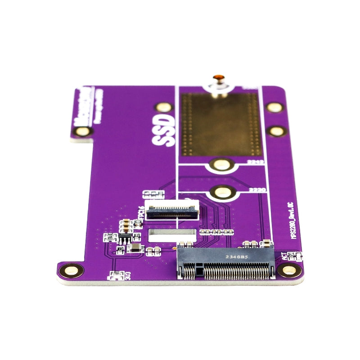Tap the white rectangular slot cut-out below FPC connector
pos(172,233)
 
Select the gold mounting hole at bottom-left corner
pos(71,270)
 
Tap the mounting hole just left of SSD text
pos(163,107)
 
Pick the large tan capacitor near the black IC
pos(135,248)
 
